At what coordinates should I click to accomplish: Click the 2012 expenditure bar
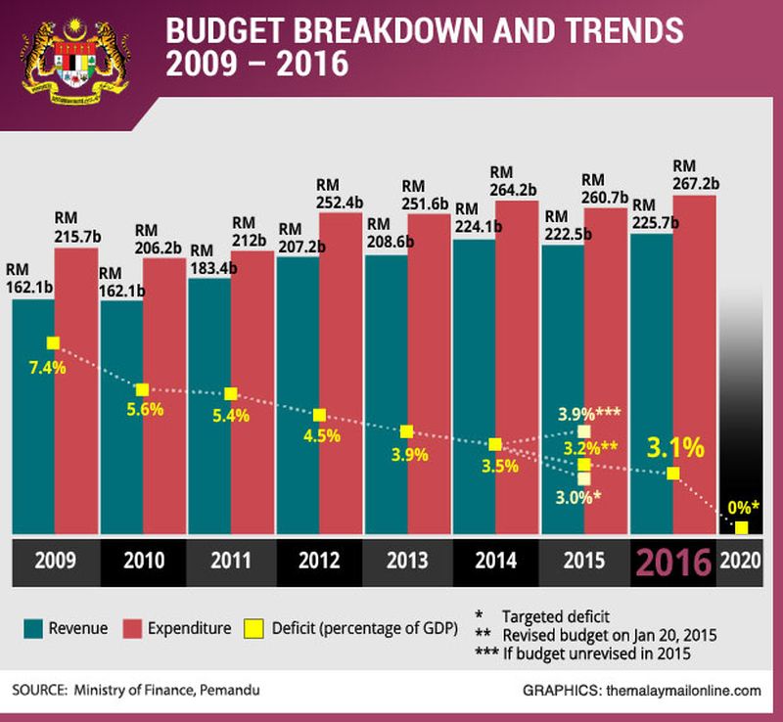pos(341,372)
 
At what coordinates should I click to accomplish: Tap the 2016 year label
pos(673,564)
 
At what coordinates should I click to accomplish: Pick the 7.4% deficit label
pos(47,369)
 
